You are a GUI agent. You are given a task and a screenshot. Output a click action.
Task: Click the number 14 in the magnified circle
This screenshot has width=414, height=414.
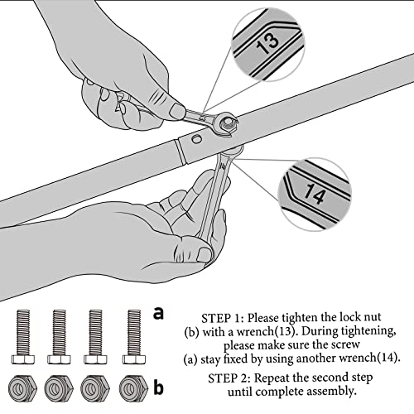click(315, 193)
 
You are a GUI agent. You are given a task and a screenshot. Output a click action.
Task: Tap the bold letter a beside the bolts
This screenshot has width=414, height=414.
click(158, 313)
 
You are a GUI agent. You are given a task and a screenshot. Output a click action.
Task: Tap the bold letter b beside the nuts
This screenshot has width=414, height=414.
click(158, 387)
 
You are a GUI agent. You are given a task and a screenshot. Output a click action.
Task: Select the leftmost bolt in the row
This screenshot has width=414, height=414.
click(23, 337)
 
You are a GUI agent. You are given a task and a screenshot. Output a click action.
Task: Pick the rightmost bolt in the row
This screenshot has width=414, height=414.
click(134, 337)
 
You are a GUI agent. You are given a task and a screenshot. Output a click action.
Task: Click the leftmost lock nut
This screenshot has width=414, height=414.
click(22, 388)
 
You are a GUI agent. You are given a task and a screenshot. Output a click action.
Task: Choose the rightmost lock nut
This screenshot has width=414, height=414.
click(133, 388)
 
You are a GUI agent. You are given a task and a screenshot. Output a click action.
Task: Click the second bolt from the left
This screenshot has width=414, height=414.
click(59, 337)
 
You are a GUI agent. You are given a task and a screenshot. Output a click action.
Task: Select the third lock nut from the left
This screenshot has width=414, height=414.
click(95, 388)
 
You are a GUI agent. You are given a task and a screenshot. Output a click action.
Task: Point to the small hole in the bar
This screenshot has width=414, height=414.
click(196, 139)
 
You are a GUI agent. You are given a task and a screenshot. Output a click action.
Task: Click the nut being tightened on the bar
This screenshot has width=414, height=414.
click(227, 124)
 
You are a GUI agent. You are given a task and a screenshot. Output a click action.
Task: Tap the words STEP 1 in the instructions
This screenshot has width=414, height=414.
click(222, 318)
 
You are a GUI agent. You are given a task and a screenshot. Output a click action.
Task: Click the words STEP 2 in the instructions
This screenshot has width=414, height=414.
click(229, 378)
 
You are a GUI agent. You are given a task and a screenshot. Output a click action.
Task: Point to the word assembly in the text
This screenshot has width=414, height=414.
click(330, 392)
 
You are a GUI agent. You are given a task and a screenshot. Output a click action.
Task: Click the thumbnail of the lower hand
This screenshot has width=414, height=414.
click(205, 254)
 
